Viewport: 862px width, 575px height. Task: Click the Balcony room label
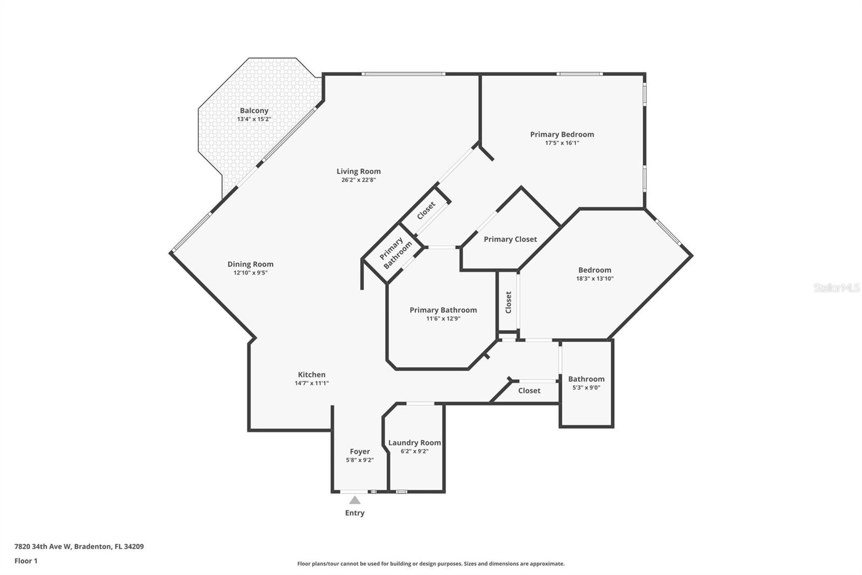pyautogui.click(x=254, y=111)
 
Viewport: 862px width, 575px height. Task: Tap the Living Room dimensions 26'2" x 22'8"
pyautogui.click(x=358, y=180)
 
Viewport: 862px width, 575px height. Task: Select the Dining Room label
pyautogui.click(x=250, y=264)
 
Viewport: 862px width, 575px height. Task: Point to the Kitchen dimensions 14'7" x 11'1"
pyautogui.click(x=311, y=384)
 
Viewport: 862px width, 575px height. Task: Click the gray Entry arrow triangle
pyautogui.click(x=354, y=500)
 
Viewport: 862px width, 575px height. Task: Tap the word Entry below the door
pyautogui.click(x=354, y=513)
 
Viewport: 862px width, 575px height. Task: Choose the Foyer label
pyautogui.click(x=359, y=451)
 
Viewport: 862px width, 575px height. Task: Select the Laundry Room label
pyautogui.click(x=414, y=442)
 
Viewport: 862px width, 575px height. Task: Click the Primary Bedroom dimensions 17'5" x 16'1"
pyautogui.click(x=562, y=143)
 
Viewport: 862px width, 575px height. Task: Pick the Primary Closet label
pyautogui.click(x=510, y=239)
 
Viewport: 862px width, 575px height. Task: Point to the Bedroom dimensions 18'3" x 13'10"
pyautogui.click(x=595, y=279)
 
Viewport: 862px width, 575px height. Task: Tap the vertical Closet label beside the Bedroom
pyautogui.click(x=508, y=302)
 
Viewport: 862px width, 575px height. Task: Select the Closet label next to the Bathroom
pyautogui.click(x=529, y=391)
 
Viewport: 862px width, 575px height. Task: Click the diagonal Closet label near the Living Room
pyautogui.click(x=426, y=210)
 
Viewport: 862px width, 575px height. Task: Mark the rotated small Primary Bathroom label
pyautogui.click(x=395, y=252)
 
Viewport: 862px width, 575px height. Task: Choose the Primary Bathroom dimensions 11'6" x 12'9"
pyautogui.click(x=443, y=319)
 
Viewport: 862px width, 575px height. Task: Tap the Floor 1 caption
pyautogui.click(x=26, y=561)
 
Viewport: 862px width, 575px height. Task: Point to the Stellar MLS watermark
pyautogui.click(x=836, y=288)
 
